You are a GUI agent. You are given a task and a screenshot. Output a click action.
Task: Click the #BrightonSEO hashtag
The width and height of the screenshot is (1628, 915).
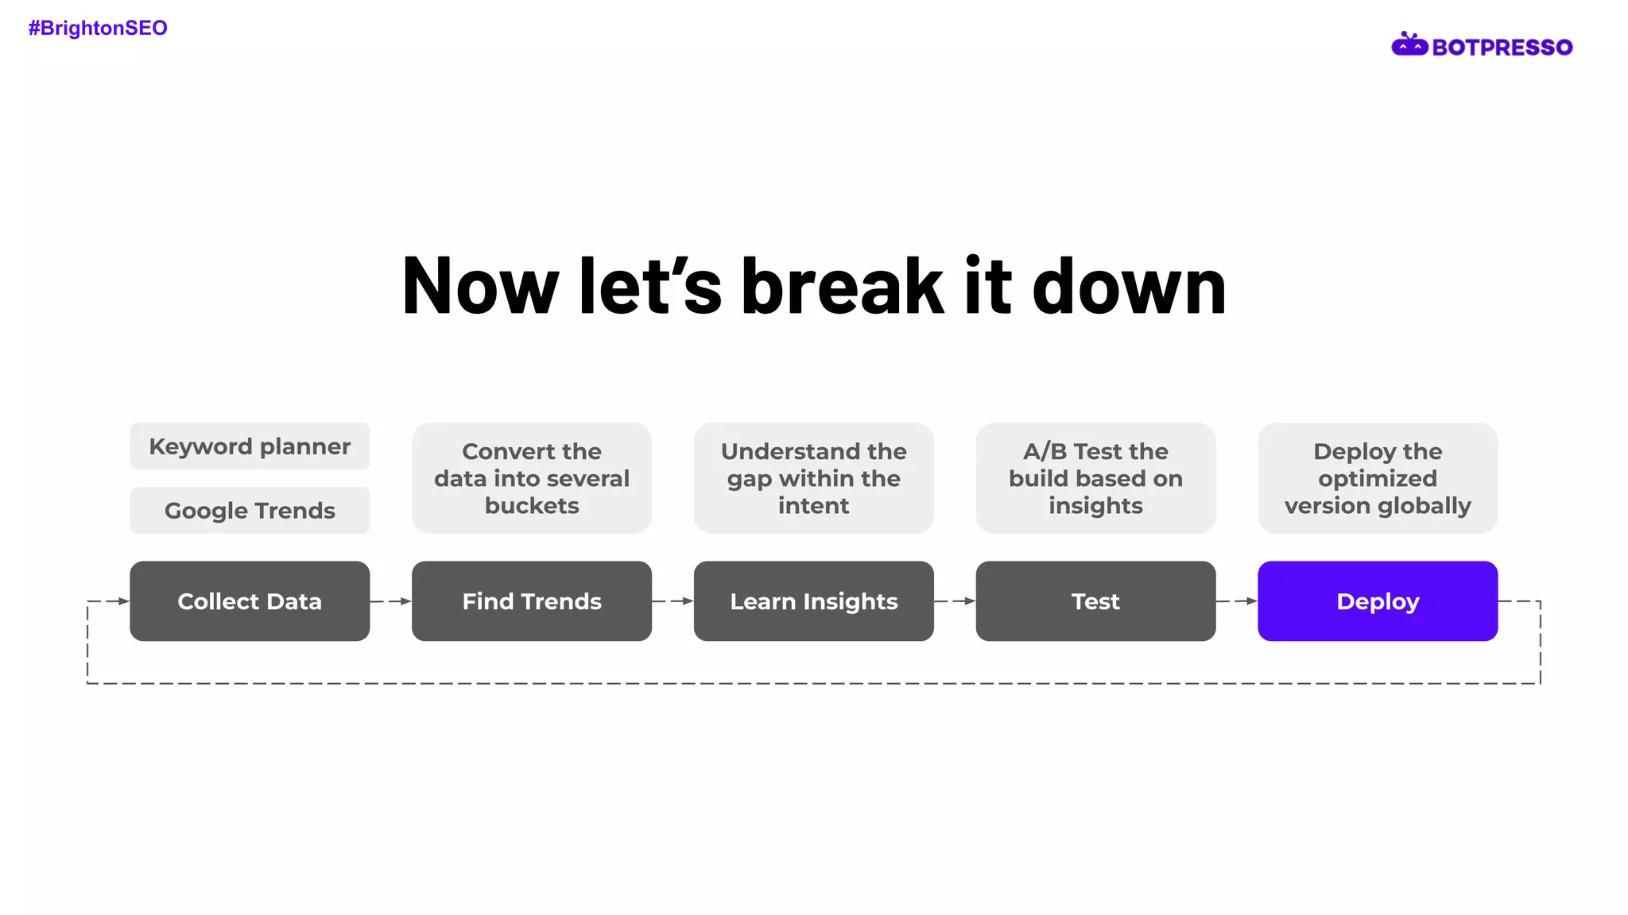[98, 28]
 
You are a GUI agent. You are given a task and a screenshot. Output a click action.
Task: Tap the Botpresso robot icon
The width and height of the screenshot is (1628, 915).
[1409, 45]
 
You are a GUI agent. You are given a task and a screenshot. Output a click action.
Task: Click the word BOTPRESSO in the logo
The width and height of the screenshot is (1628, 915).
[1502, 48]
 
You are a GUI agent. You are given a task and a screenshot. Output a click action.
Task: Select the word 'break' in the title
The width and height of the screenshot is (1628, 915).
[842, 286]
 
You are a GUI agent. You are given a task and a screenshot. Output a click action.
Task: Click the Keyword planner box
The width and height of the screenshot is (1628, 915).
[250, 446]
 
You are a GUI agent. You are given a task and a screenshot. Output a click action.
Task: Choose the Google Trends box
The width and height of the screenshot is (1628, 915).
[250, 510]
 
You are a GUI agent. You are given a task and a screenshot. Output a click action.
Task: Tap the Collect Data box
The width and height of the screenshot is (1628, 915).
[250, 601]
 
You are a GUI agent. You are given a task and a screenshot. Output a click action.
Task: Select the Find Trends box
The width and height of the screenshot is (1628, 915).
[532, 601]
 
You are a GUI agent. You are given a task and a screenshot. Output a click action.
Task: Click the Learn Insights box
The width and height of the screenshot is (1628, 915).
[813, 601]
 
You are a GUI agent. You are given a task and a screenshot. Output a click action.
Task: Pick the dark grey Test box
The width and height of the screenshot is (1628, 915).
[1095, 601]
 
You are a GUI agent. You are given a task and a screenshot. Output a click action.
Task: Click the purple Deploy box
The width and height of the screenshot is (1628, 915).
[1378, 601]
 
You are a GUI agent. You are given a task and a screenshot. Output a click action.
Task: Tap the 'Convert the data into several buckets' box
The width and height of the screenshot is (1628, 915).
[532, 478]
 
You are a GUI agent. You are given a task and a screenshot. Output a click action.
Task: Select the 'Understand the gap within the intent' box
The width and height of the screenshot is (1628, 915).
[813, 478]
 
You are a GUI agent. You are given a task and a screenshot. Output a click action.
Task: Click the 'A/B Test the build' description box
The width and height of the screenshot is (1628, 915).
[1095, 478]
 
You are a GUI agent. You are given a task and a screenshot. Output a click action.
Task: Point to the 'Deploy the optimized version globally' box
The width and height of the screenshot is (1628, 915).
[1378, 478]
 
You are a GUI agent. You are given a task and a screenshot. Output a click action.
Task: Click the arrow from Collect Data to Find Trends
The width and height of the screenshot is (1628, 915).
[391, 601]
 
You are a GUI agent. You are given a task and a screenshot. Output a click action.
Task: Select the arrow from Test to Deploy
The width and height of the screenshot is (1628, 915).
[1237, 601]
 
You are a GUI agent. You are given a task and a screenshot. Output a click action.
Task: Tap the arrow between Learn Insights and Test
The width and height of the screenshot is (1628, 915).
[955, 601]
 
